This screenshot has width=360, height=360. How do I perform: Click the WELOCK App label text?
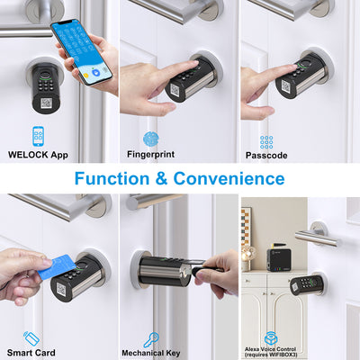37,155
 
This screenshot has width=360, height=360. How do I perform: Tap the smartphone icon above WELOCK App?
38,136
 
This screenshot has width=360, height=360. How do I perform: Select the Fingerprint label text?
149,155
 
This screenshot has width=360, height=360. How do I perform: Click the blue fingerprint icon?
149,138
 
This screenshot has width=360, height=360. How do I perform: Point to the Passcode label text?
266,155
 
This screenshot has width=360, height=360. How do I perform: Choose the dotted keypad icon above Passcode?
266,141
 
